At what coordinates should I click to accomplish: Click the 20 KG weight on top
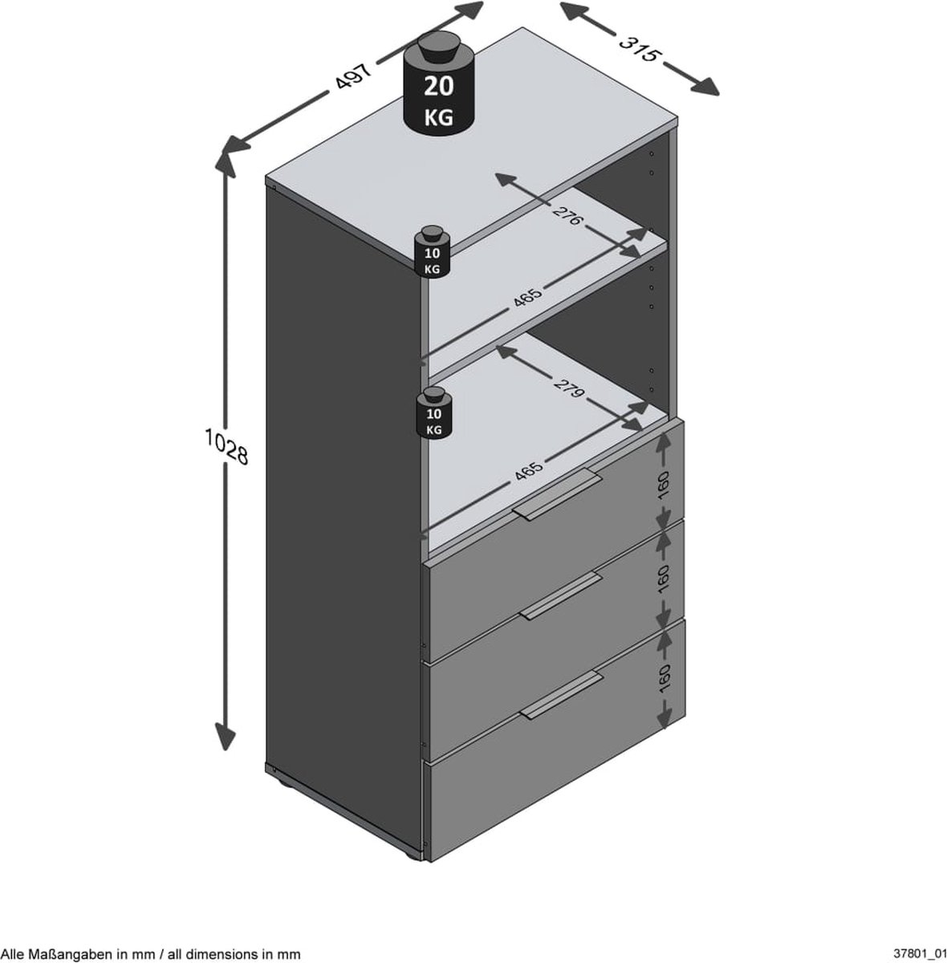438,89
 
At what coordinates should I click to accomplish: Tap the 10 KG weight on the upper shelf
433,253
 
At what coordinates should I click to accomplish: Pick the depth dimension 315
640,49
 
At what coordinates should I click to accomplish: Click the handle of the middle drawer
561,595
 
